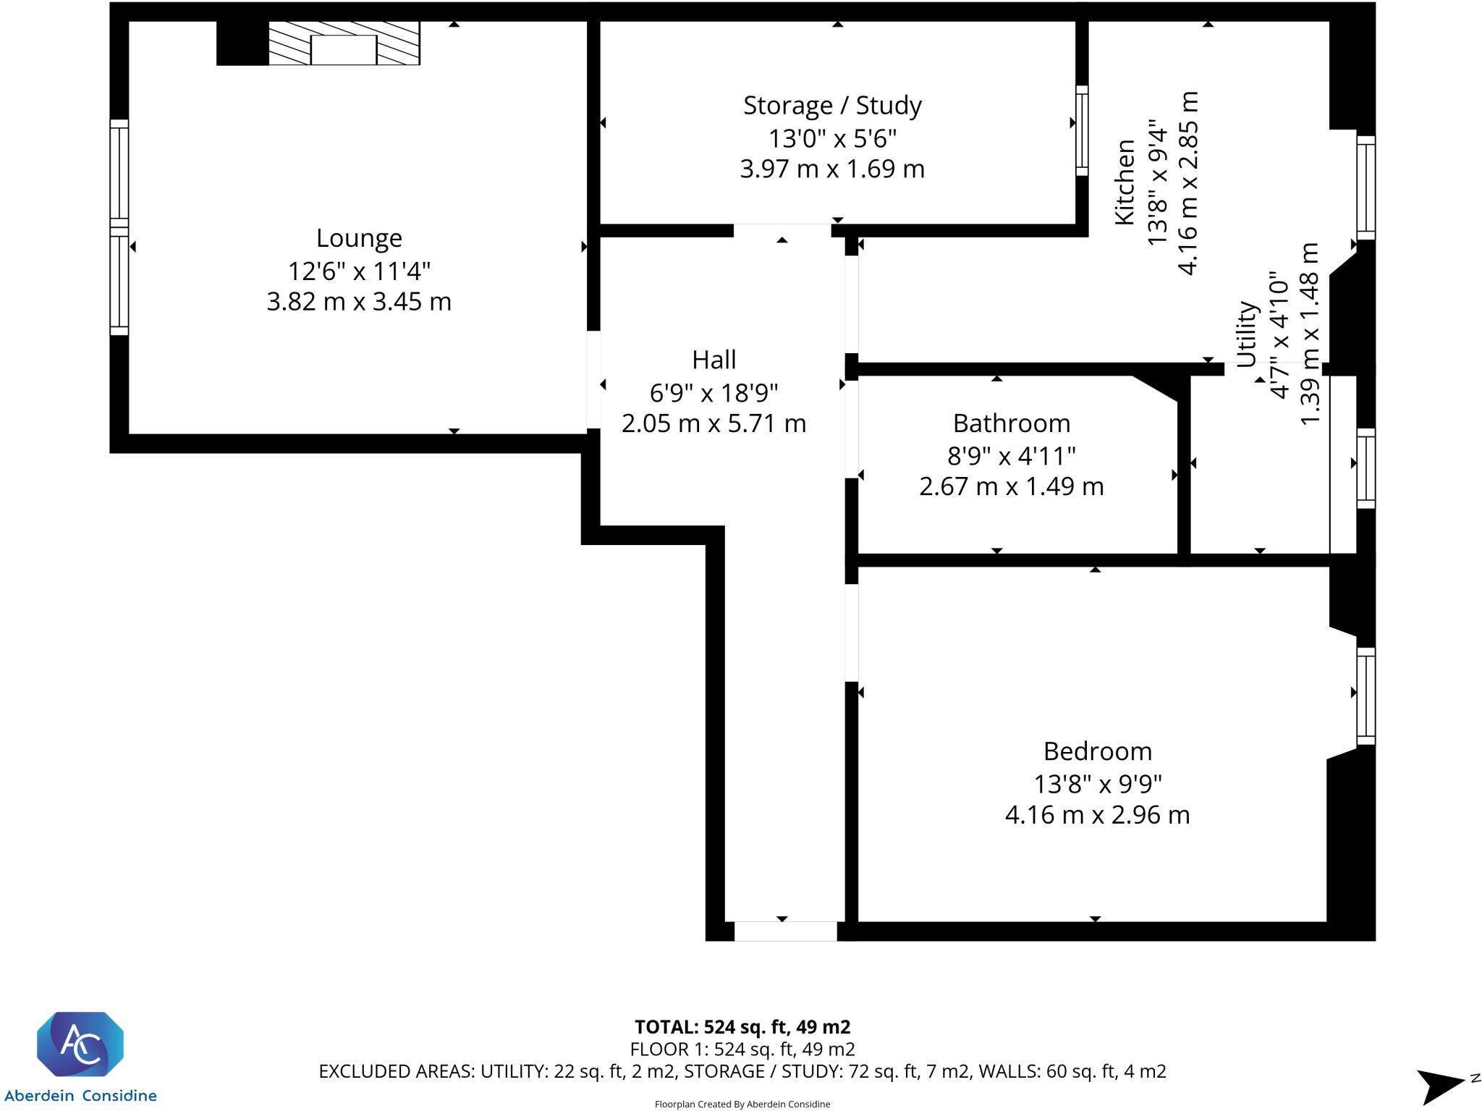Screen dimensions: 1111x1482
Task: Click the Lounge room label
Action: tap(359, 238)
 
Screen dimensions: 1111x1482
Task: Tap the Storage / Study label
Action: tap(832, 106)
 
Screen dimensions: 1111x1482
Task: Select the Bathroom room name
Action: tap(1011, 423)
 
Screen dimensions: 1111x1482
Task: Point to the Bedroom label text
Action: tap(1097, 751)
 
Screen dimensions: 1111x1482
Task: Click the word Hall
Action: tap(714, 360)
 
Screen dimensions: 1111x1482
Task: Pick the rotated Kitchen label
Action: tap(1125, 182)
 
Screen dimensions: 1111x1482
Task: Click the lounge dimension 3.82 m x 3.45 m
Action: tap(359, 301)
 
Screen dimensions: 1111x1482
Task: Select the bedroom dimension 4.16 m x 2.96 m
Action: tap(1097, 815)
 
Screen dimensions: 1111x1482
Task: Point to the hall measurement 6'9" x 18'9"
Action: tap(714, 393)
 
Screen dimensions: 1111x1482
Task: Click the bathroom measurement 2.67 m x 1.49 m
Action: tap(1011, 486)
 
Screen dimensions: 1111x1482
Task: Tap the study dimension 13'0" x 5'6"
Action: tap(832, 138)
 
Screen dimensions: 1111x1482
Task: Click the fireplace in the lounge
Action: tap(344, 43)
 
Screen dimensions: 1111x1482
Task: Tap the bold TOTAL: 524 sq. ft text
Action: tap(742, 1027)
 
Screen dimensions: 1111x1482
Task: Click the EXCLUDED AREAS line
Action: tap(742, 1071)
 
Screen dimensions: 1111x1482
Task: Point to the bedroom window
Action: tap(1365, 696)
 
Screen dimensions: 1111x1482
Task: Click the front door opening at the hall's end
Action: tap(785, 931)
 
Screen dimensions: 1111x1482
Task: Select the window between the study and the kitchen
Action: tap(1082, 130)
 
